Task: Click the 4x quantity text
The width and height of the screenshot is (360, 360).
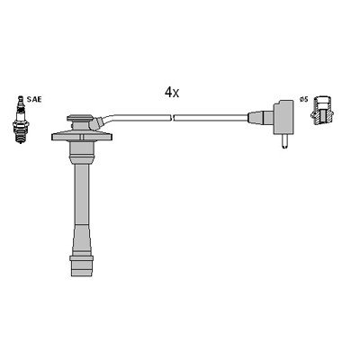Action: (x=171, y=92)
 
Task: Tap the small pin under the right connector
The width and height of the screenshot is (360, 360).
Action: (x=284, y=141)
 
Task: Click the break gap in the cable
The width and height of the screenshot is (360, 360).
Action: (x=172, y=116)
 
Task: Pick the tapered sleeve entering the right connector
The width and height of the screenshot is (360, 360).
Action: (x=256, y=117)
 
